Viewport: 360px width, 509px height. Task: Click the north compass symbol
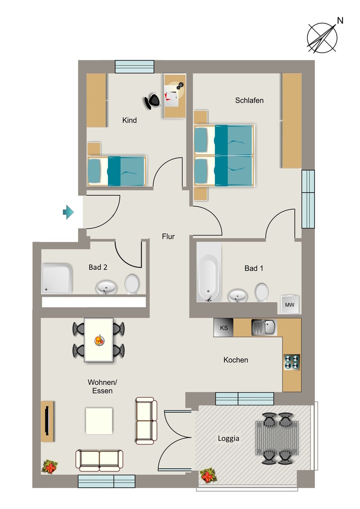[x=322, y=38]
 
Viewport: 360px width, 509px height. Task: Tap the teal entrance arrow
[x=68, y=212]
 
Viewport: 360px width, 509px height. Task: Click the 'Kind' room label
[x=129, y=120]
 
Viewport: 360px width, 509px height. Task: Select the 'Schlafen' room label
[x=249, y=100]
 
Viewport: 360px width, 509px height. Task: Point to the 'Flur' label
[x=168, y=237]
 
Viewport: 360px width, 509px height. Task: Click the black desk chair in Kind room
[x=152, y=101]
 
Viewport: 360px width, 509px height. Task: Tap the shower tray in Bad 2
[x=57, y=278]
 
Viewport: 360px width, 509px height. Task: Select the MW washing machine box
[x=289, y=305]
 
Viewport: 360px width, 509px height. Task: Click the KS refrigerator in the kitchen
[x=223, y=328]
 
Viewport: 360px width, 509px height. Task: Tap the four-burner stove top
[x=291, y=362]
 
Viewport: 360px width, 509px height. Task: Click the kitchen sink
[x=264, y=327]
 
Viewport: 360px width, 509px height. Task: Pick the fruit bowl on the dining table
[x=99, y=340]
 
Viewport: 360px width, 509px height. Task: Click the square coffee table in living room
[x=99, y=421]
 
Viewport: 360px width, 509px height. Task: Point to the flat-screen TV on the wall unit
[x=47, y=421]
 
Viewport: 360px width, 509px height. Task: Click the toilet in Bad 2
[x=132, y=284]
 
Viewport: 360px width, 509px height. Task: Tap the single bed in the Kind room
[x=116, y=171]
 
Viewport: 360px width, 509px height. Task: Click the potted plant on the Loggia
[x=207, y=476]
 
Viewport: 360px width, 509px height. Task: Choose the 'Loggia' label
[x=229, y=438]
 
